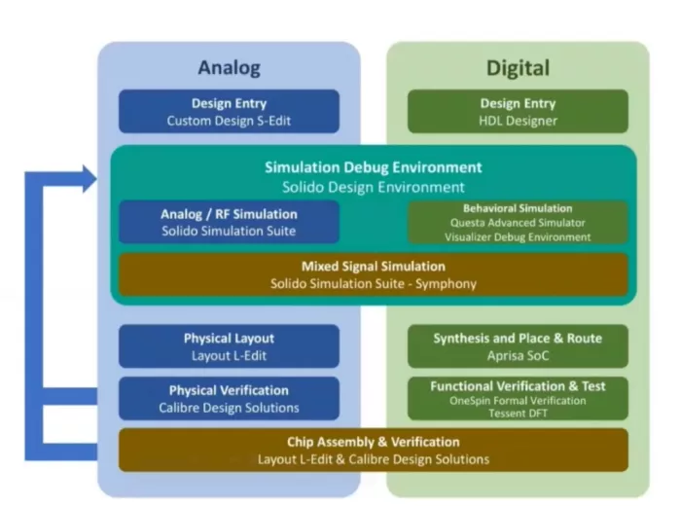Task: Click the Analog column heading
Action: click(229, 67)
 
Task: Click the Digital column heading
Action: click(518, 67)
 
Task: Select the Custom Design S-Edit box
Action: click(229, 112)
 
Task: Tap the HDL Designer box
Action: click(518, 112)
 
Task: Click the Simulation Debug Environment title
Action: click(374, 167)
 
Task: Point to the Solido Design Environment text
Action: click(374, 187)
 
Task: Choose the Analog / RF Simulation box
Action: click(229, 222)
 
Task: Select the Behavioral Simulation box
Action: click(518, 222)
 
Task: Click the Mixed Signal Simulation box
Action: click(374, 274)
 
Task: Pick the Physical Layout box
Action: click(229, 346)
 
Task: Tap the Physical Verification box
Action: click(229, 399)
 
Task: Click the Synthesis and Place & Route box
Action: click(518, 346)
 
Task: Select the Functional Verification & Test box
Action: click(518, 399)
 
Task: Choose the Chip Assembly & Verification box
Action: click(374, 451)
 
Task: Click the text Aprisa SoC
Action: click(518, 355)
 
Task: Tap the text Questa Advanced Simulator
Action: click(518, 223)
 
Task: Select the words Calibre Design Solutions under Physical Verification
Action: click(229, 408)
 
